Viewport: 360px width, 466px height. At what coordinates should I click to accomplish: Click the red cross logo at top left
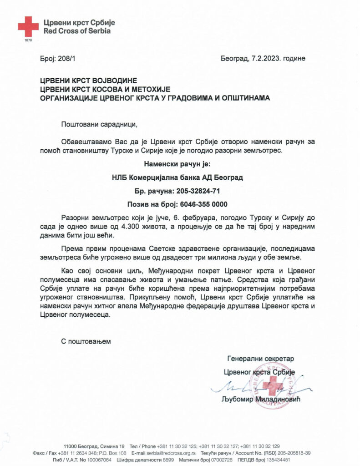(28, 26)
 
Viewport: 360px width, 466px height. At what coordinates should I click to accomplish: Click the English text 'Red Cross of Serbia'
(76, 31)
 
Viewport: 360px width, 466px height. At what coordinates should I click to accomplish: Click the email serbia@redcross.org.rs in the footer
(171, 453)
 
